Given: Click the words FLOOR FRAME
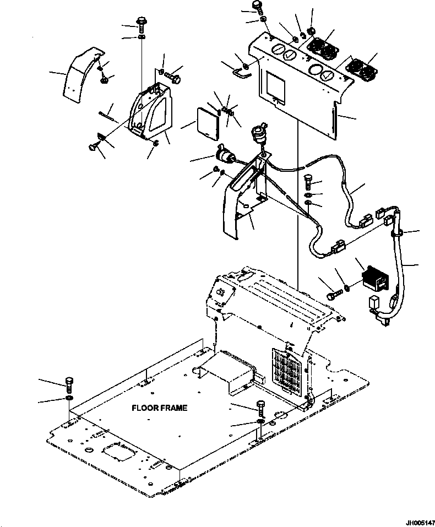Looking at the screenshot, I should coord(159,408).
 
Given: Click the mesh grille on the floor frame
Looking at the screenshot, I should coord(287,371).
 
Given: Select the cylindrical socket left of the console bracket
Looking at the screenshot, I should coord(225,155).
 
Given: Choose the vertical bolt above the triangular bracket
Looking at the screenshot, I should coord(142,24).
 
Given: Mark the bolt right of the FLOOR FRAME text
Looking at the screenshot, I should coord(260,409).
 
